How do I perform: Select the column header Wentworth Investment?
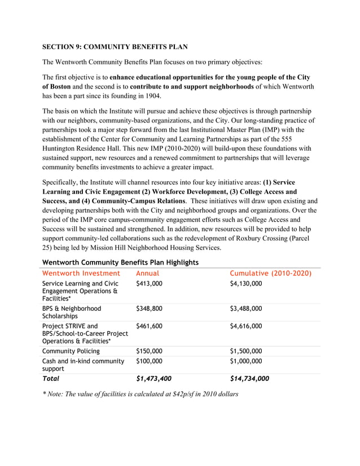click(x=81, y=274)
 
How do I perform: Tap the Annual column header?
click(x=148, y=274)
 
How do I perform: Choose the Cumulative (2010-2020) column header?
click(x=271, y=274)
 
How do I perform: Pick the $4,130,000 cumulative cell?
click(x=246, y=283)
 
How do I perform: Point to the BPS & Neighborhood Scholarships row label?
click(x=72, y=313)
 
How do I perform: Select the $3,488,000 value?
click(x=246, y=309)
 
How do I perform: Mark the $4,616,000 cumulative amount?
click(x=246, y=326)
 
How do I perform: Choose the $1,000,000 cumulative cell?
click(x=246, y=361)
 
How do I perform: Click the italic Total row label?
click(x=51, y=379)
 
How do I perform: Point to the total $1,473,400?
click(x=153, y=379)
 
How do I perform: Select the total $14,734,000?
click(x=249, y=379)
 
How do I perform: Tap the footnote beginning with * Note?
click(x=140, y=394)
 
